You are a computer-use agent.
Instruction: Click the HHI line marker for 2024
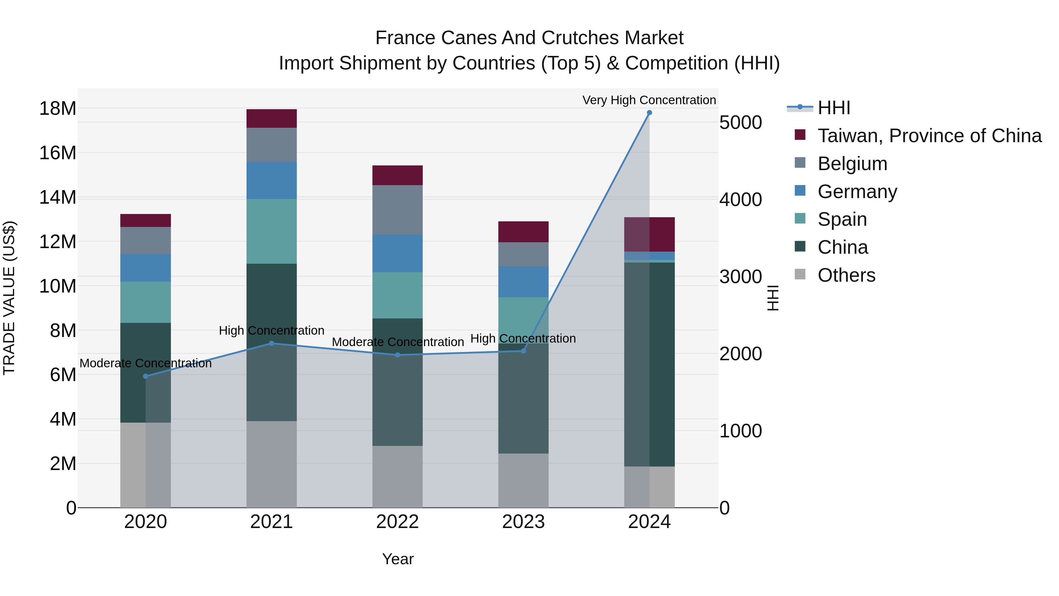click(x=649, y=113)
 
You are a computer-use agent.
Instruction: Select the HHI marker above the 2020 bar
click(x=146, y=376)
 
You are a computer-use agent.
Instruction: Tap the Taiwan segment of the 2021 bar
click(x=271, y=118)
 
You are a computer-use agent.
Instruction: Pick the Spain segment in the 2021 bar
click(x=271, y=231)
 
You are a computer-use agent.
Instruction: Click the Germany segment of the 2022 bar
click(x=397, y=253)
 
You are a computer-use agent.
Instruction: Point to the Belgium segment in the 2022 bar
click(x=397, y=210)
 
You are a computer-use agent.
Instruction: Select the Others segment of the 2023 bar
click(x=523, y=480)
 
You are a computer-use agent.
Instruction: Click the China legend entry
click(x=842, y=247)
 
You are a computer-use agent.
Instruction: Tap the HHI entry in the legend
click(x=833, y=108)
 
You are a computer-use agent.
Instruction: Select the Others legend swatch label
click(x=846, y=275)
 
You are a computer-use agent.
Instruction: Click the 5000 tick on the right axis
click(x=740, y=122)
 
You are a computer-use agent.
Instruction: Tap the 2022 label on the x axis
click(x=397, y=522)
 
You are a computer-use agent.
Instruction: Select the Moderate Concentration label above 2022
click(x=397, y=342)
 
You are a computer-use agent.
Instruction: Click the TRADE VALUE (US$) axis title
click(x=9, y=298)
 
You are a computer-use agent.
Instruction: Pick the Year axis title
click(x=397, y=559)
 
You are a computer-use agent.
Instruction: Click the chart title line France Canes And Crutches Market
click(x=529, y=38)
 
